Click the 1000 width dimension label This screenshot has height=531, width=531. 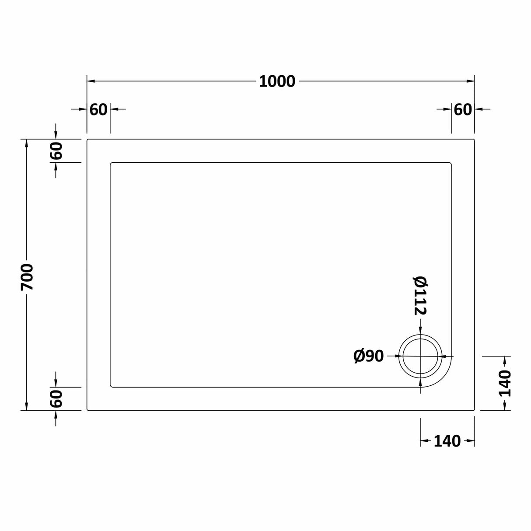pos(277,81)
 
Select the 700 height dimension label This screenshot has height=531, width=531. pos(27,277)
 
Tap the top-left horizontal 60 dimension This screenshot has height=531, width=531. pos(98,109)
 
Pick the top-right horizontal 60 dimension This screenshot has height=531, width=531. pos(463,109)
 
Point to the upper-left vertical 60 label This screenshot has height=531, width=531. pos(56,151)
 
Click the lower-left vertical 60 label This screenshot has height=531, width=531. pos(56,399)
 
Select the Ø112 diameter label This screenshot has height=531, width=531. pos(420,296)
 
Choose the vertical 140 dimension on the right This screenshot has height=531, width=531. pos(505,383)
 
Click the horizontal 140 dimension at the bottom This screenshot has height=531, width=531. pos(447,441)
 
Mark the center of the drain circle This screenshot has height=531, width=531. pos(420,356)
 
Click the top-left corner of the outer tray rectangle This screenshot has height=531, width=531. pos(87,140)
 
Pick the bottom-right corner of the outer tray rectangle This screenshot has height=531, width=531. pos(474,410)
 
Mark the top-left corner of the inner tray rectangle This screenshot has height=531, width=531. pos(111,163)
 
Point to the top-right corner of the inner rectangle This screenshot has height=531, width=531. pos(451,163)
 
